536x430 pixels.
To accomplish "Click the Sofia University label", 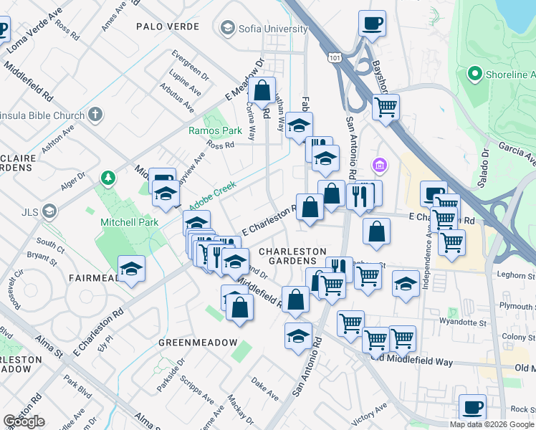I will pos(274,29).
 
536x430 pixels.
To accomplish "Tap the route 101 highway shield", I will pos(335,57).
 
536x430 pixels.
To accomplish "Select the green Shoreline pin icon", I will pos(474,75).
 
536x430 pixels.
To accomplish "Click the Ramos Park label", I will pos(215,131).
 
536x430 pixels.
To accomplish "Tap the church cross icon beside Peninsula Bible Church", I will pos(96,115).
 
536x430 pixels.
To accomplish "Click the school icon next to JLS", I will pos(49,211).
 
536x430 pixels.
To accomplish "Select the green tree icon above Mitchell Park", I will pos(107,177).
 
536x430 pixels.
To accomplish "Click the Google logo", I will pos(24,421).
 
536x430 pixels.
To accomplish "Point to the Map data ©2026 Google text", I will pos(492,424).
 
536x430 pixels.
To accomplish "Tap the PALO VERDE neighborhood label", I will pos(166,26).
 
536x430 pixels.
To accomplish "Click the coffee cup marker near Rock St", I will pos(472,408).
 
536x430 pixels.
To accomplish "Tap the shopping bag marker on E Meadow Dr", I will pos(262,91).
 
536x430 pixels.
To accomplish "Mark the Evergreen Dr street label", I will pos(190,65).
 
